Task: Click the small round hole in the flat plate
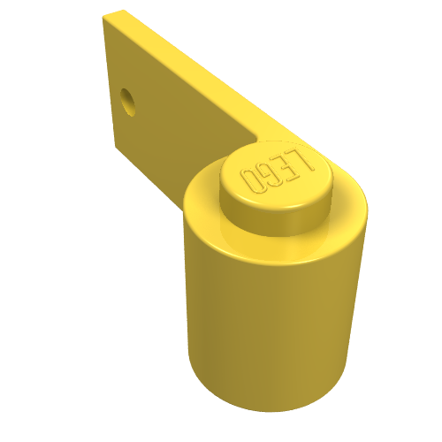coord(128,102)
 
